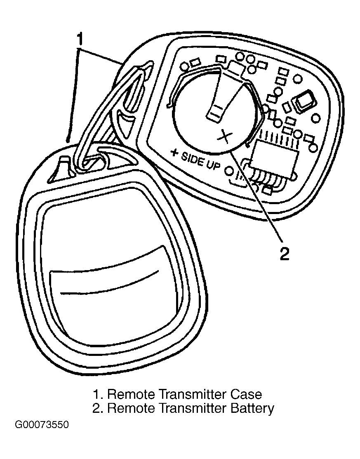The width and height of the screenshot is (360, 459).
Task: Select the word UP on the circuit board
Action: [x=213, y=165]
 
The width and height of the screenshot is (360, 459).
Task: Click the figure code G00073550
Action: [x=42, y=424]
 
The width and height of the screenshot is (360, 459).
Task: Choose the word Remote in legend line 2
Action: [x=131, y=408]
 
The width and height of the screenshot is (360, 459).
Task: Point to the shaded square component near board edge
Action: [x=306, y=101]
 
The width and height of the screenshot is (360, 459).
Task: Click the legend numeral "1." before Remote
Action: [x=98, y=394]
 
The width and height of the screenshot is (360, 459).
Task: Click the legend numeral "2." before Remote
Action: [x=98, y=408]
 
